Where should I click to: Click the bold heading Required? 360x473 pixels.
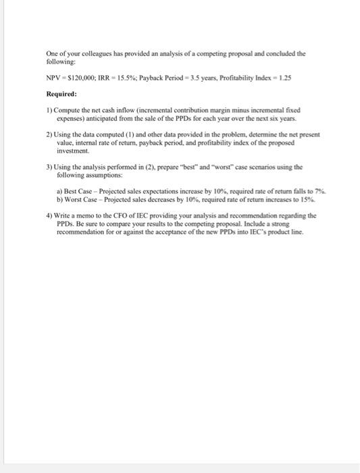coord(61,94)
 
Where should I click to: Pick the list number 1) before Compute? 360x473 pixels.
coord(49,109)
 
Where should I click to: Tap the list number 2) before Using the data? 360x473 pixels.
coord(49,134)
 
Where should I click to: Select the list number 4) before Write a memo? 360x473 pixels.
coord(49,216)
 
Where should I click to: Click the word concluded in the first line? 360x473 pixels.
coord(274,52)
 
